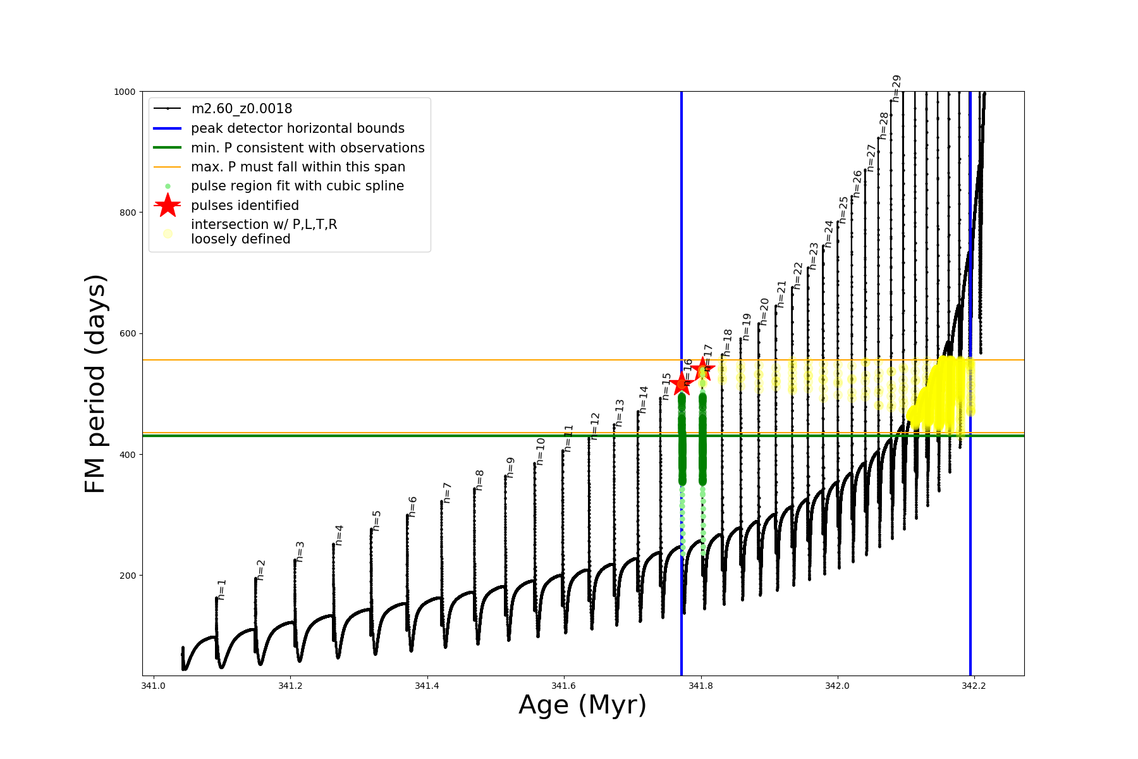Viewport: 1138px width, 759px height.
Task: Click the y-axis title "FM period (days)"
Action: [x=95, y=384]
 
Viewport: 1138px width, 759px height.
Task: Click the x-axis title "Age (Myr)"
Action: [x=582, y=705]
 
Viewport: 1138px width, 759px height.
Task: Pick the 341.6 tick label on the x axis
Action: [x=563, y=686]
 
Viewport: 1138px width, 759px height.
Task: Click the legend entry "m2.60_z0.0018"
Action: [x=242, y=109]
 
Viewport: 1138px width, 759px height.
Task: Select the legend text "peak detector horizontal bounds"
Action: [x=297, y=128]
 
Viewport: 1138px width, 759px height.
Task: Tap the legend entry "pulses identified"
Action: [x=245, y=206]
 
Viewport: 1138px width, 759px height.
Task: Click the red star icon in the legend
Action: [x=168, y=206]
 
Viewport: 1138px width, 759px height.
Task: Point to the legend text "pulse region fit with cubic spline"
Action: [x=297, y=186]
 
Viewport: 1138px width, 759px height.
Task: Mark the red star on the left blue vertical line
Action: [x=682, y=384]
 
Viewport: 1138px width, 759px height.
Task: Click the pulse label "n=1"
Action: [x=221, y=589]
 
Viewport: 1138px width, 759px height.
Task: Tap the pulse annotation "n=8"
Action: [x=480, y=480]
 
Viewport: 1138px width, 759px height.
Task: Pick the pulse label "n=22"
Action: [x=798, y=276]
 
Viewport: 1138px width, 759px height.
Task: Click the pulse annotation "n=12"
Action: [x=595, y=426]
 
